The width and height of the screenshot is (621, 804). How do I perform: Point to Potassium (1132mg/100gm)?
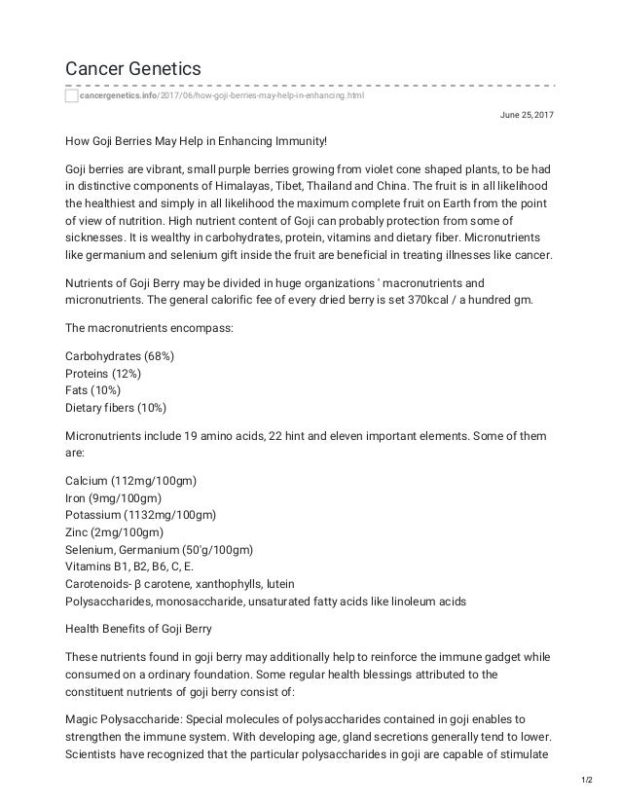pyautogui.click(x=140, y=514)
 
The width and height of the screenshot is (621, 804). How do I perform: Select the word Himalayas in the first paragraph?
pyautogui.click(x=240, y=186)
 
